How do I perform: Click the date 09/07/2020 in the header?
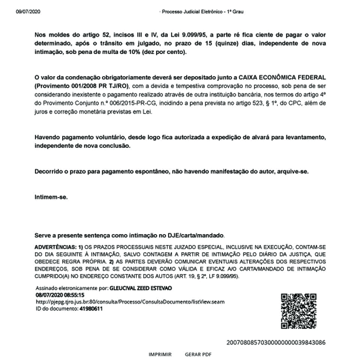[27, 12]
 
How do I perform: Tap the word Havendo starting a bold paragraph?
[47, 138]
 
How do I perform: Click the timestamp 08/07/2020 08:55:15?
[60, 295]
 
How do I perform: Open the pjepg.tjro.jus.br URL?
[130, 302]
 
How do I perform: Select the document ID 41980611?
[91, 308]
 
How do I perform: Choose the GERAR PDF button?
[198, 354]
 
